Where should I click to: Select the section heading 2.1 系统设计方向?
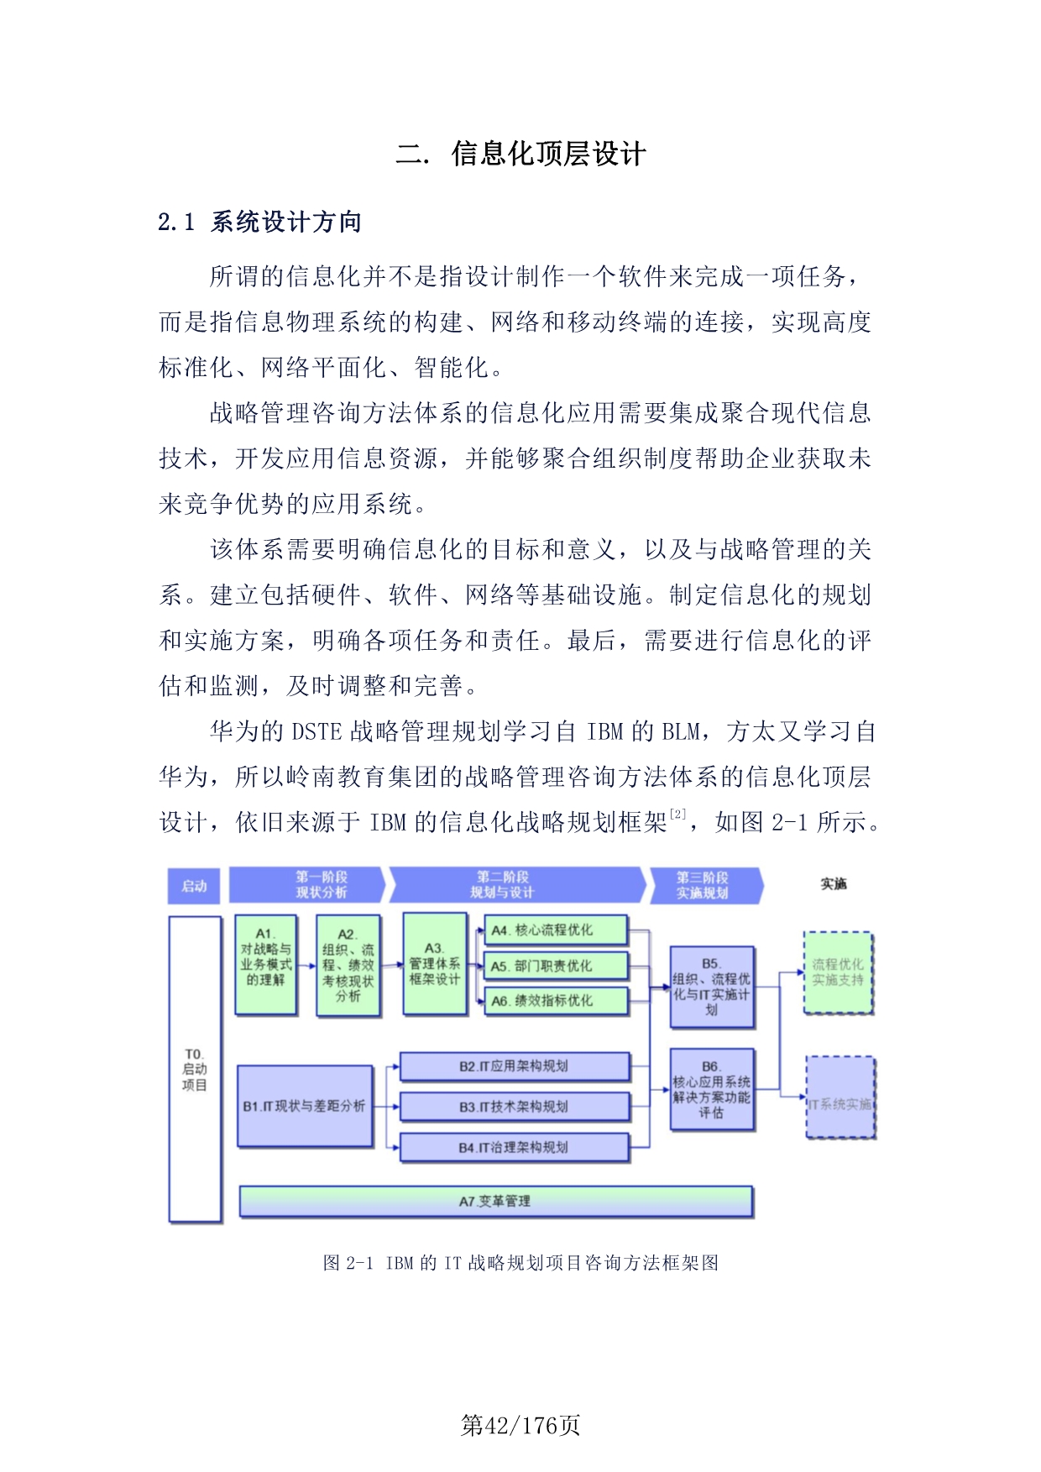pyautogui.click(x=260, y=223)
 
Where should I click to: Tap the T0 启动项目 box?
pyautogui.click(x=195, y=1068)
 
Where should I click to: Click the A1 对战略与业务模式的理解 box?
pyautogui.click(x=265, y=965)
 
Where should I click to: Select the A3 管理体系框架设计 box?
pyautogui.click(x=434, y=964)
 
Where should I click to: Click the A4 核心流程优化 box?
pyautogui.click(x=556, y=930)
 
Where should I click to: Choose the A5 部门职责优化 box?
pyautogui.click(x=556, y=966)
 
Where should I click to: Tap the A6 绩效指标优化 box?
pyautogui.click(x=556, y=1001)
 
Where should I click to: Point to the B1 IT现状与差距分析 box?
pyautogui.click(x=305, y=1106)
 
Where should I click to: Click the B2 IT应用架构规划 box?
pyautogui.click(x=514, y=1066)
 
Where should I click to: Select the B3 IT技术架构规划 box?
pyautogui.click(x=514, y=1107)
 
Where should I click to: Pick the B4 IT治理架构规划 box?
pyautogui.click(x=514, y=1147)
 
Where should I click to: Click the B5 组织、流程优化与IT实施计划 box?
pyautogui.click(x=711, y=987)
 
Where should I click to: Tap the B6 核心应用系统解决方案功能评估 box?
pyautogui.click(x=711, y=1089)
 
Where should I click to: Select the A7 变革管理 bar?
pyautogui.click(x=495, y=1202)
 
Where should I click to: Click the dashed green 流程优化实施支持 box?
pyautogui.click(x=838, y=972)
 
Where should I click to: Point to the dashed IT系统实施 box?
pyautogui.click(x=840, y=1098)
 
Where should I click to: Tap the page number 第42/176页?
pyautogui.click(x=520, y=1425)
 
